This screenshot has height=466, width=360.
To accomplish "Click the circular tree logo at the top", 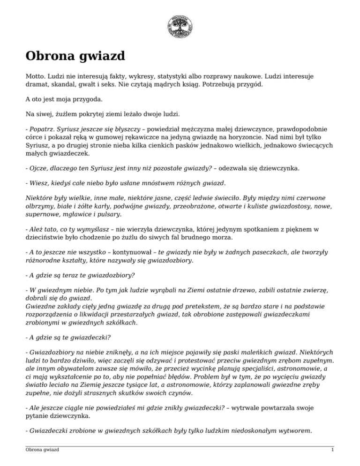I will (180, 26).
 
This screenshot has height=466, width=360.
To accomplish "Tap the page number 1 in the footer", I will (332, 451).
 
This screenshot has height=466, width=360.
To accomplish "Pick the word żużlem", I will (62, 113).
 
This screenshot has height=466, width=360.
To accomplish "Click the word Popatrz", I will (43, 128).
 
